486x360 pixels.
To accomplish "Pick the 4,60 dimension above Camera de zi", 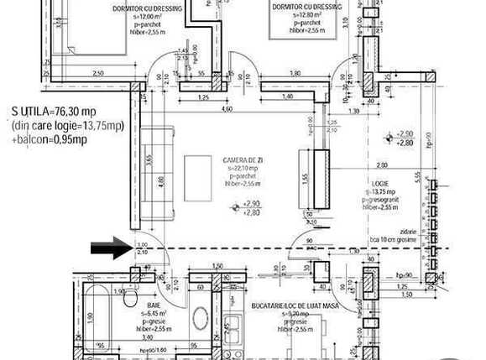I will [227, 109].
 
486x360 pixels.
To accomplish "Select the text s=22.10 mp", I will [241, 168].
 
